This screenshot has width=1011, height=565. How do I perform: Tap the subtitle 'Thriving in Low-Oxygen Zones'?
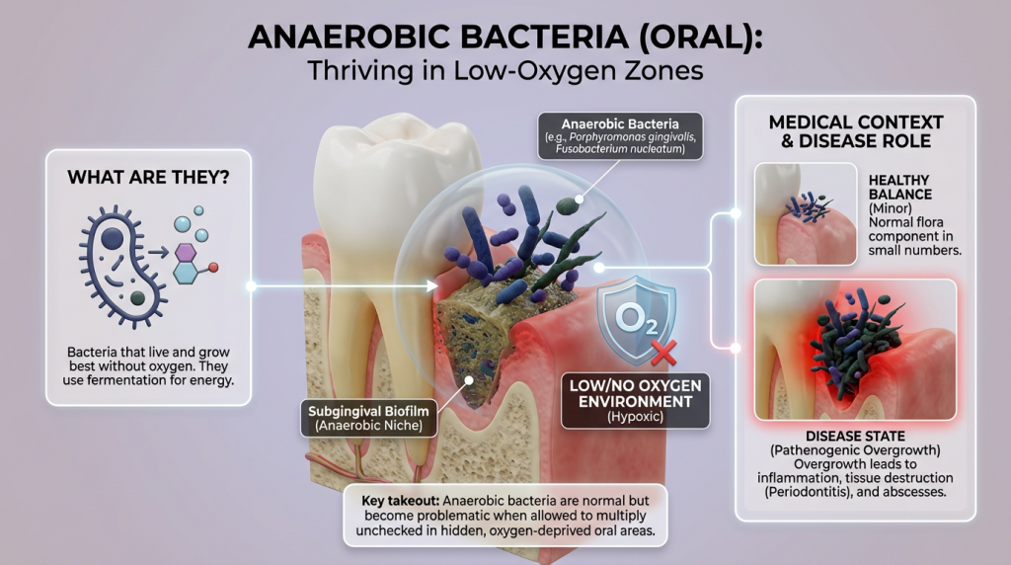click(x=505, y=71)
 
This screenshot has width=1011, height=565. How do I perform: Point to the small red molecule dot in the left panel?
click(x=212, y=268)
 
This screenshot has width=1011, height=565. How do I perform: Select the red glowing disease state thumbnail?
click(x=855, y=350)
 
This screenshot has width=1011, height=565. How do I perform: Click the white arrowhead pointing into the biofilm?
click(x=435, y=286)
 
